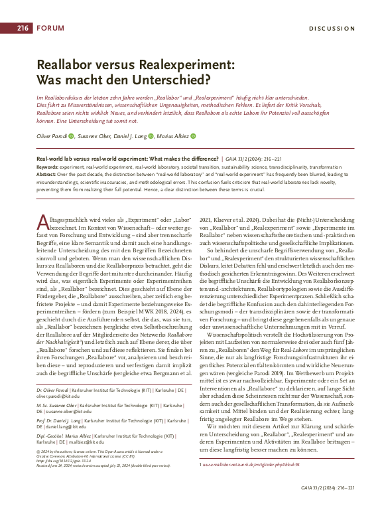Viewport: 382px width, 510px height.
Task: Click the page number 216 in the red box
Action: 23,28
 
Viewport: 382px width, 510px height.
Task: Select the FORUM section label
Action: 51,28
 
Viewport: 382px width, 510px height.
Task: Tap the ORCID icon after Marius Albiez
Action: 194,135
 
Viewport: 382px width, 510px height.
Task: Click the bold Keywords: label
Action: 48,167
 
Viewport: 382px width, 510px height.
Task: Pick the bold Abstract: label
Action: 48,173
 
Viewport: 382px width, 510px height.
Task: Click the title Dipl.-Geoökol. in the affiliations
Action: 52,437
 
